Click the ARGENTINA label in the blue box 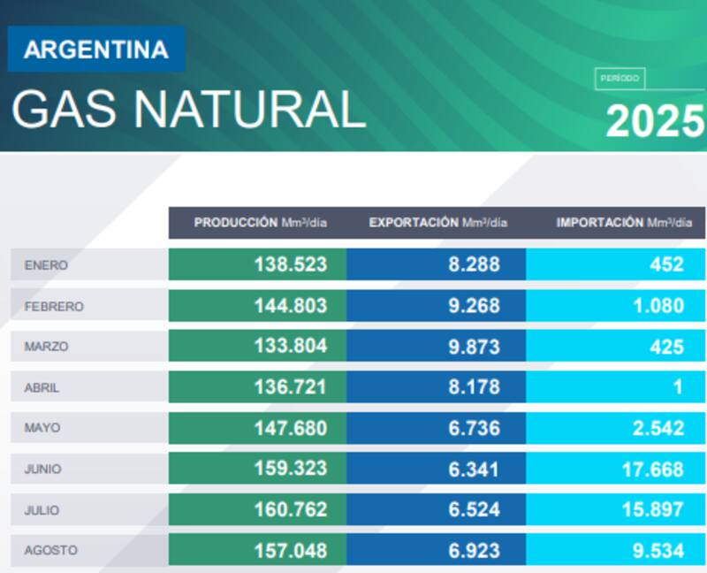pos(95,50)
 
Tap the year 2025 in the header pos(655,122)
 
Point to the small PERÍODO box pos(620,79)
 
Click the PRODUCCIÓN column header pos(260,223)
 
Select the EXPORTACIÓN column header pos(437,223)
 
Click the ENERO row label pos(46,264)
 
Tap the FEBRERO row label pos(54,306)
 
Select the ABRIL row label pos(42,387)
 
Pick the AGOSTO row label pos(50,550)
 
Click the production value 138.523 pos(291,264)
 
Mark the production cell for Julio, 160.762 pos(291,509)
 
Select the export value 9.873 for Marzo pos(474,347)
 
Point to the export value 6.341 pos(474,469)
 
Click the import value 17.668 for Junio pos(652,469)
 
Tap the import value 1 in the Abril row pos(678,387)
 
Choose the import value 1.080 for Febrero pos(658,306)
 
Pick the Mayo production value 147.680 pos(291,428)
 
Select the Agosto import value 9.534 pos(658,550)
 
